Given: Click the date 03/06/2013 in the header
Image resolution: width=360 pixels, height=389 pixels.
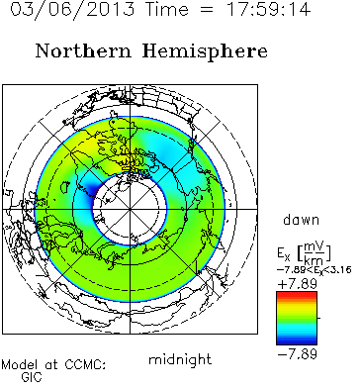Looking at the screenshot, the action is [72, 9].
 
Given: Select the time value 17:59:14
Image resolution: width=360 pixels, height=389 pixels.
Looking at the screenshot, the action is [268, 9].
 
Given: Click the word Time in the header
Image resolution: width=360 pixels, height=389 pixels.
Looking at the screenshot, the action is [167, 9].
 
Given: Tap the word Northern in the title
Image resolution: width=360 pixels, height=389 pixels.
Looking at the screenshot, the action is [83, 51].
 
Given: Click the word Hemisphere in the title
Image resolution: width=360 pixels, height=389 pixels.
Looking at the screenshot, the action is [205, 52].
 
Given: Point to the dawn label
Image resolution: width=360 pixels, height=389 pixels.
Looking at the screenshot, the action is [301, 220].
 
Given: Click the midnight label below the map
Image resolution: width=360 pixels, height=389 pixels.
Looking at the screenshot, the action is [180, 359].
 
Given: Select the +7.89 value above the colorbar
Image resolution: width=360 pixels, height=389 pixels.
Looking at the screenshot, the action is [297, 284].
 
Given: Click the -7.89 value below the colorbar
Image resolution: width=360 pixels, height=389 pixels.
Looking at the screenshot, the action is [298, 354].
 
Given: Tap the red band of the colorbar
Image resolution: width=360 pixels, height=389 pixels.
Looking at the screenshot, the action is [297, 295].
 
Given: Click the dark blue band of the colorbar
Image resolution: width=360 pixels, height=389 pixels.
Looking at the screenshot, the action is [297, 340].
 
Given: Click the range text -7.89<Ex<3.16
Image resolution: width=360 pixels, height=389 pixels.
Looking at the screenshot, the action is [314, 270].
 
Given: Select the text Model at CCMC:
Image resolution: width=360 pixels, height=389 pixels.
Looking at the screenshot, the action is [53, 365].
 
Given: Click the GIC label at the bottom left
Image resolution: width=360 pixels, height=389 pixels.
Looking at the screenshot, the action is [32, 377].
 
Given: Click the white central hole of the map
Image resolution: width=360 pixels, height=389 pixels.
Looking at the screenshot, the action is [131, 209].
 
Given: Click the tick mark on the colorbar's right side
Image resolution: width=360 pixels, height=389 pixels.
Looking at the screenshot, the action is [318, 318].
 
